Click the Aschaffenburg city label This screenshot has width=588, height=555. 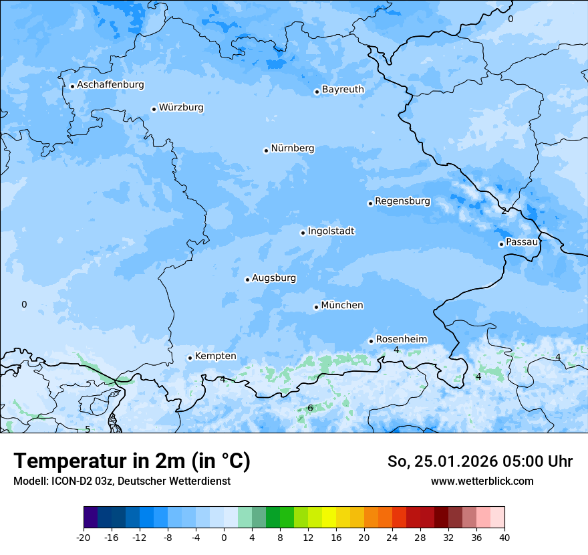click(110, 85)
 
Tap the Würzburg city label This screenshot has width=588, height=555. click(181, 108)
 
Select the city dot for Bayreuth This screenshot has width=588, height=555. click(317, 92)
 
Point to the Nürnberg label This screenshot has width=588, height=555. click(293, 148)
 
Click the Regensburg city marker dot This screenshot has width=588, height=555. click(370, 203)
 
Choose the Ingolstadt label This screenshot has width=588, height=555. click(331, 231)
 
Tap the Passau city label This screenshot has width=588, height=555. click(522, 242)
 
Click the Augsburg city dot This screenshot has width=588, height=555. click(247, 280)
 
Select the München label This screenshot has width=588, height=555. click(342, 306)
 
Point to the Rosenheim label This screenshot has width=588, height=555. click(401, 339)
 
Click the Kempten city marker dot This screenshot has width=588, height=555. click(190, 358)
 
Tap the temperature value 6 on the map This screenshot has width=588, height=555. click(310, 408)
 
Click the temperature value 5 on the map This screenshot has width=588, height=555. click(88, 429)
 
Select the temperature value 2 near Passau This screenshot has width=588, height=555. click(504, 211)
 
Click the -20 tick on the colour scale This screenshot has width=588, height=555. click(84, 537)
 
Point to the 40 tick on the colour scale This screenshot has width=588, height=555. click(504, 537)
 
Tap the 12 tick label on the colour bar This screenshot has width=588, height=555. click(308, 537)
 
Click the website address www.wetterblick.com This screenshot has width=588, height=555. click(482, 481)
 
